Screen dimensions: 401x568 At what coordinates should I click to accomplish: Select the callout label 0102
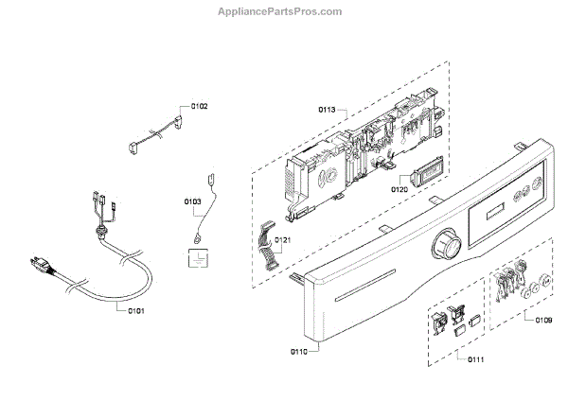pyautogui.click(x=200, y=106)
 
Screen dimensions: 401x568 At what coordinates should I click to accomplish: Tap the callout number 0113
pyautogui.click(x=326, y=111)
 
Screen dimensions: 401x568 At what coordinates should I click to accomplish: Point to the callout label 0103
pyautogui.click(x=193, y=201)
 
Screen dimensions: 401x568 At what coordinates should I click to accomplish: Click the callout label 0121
pyautogui.click(x=283, y=241)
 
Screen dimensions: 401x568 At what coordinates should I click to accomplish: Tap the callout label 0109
pyautogui.click(x=543, y=320)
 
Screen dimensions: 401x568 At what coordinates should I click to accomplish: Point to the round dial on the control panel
pyautogui.click(x=444, y=248)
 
